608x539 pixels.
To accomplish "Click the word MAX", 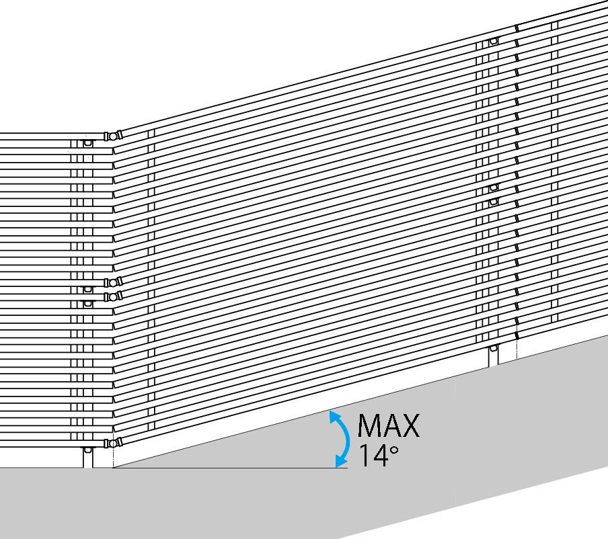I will [x=388, y=426].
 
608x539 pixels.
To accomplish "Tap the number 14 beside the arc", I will [x=372, y=456].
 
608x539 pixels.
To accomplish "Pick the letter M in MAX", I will [x=369, y=426].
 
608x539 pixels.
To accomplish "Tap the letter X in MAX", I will [x=410, y=426].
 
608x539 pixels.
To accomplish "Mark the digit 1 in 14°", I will [x=363, y=456].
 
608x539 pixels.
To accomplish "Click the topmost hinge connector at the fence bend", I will [x=112, y=136].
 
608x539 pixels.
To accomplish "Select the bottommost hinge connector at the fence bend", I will [x=112, y=443].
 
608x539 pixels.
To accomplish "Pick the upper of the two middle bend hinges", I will [x=112, y=282].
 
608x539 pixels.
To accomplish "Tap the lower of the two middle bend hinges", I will [x=112, y=296].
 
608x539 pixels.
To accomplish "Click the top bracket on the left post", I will [x=87, y=144].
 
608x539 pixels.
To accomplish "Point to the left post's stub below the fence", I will [x=87, y=458].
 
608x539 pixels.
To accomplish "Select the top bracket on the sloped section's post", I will [x=494, y=41].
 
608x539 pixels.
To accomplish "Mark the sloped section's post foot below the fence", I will [x=494, y=354].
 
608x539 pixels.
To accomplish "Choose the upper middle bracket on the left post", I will [x=87, y=290].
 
